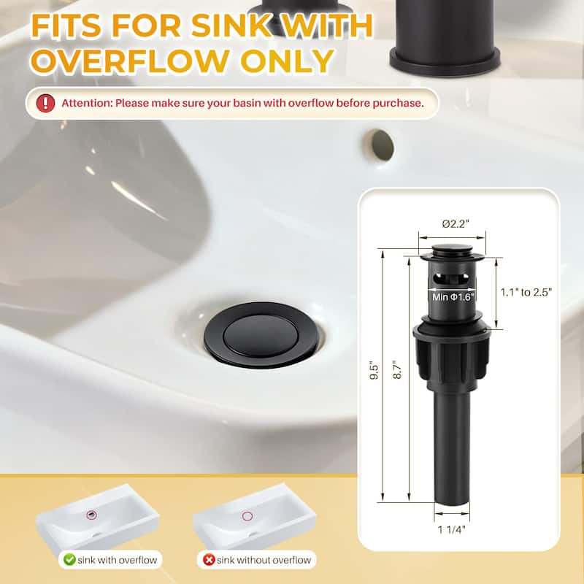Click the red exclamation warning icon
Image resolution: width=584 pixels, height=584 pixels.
(46, 103)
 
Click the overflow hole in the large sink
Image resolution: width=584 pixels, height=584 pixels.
(380, 145)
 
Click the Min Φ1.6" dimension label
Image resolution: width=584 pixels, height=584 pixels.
(453, 296)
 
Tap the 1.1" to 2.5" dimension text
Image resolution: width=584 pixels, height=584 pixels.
(526, 292)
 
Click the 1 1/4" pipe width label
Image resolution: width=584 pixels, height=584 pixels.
(452, 530)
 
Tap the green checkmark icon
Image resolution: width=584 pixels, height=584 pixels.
(70, 560)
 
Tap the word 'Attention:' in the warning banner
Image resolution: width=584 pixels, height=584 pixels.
(85, 103)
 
